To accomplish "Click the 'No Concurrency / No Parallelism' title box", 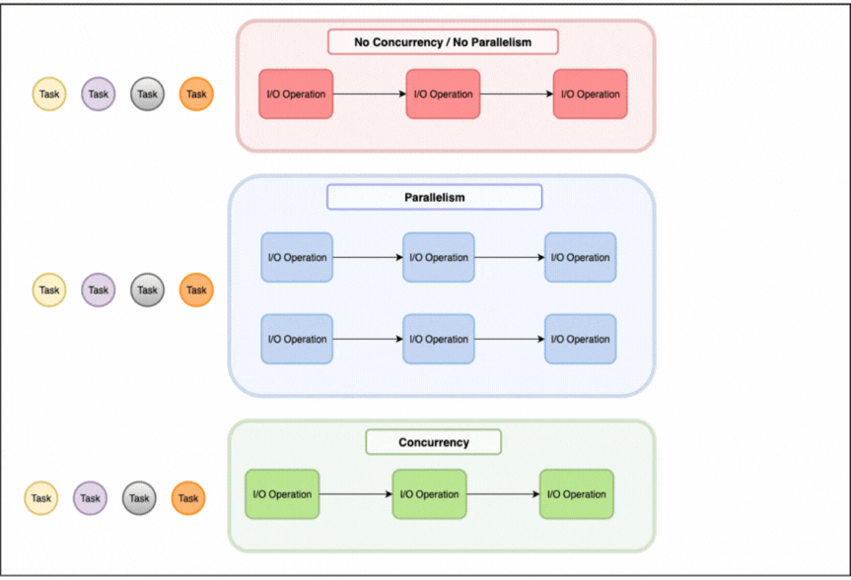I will [443, 42].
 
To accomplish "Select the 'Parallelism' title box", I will [434, 197].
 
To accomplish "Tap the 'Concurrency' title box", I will [433, 442].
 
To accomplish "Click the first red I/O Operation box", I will [296, 95].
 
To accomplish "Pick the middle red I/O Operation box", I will [443, 95].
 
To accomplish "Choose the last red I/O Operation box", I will [590, 95].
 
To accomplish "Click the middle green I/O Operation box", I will [429, 494].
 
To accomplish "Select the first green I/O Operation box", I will [282, 494].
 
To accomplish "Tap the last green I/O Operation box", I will [576, 494].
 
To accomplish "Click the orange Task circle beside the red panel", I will [196, 95].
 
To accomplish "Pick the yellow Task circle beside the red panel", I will [49, 95].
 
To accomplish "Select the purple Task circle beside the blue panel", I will [98, 290].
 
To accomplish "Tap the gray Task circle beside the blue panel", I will [147, 290].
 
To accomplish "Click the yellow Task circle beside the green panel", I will [40, 498].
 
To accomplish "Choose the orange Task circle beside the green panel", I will [188, 498].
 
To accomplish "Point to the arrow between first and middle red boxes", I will [370, 95].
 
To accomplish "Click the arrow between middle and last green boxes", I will [503, 494].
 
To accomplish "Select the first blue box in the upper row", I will [297, 258].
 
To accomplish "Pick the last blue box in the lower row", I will [580, 340].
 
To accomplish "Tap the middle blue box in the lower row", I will [439, 340].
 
